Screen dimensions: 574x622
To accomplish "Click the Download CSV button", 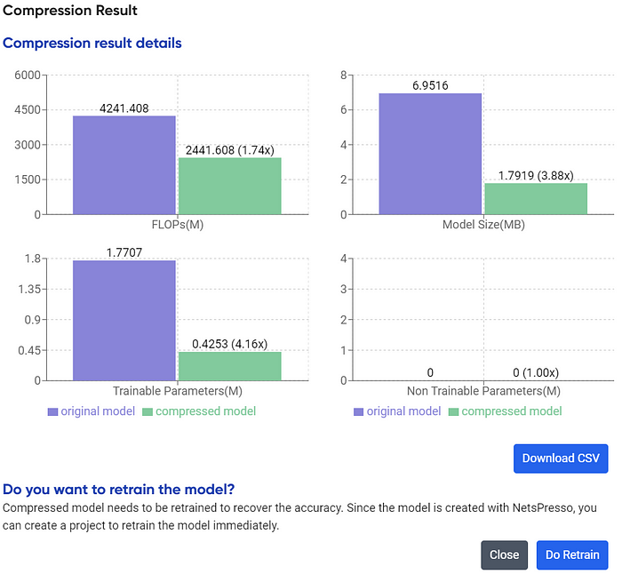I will click(x=561, y=458).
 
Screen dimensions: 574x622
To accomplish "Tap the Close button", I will click(x=504, y=554).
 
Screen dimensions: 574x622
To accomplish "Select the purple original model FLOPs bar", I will click(x=124, y=165).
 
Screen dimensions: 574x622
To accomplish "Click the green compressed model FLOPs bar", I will click(x=229, y=186).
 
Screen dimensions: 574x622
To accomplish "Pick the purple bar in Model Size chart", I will click(x=430, y=154).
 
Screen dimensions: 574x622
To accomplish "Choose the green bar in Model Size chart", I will click(x=535, y=198).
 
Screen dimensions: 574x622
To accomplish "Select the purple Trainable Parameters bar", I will click(x=124, y=320).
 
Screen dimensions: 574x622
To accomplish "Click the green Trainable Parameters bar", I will click(x=229, y=366).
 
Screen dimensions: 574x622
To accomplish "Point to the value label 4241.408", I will click(x=124, y=108).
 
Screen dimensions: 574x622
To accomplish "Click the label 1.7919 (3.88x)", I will click(x=535, y=175).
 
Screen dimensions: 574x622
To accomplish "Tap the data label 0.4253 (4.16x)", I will click(x=229, y=344).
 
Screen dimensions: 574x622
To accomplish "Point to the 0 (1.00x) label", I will click(x=535, y=372).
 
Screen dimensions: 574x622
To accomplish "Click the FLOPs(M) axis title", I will click(x=177, y=224).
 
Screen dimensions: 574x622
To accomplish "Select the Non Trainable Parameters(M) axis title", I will click(x=483, y=391).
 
